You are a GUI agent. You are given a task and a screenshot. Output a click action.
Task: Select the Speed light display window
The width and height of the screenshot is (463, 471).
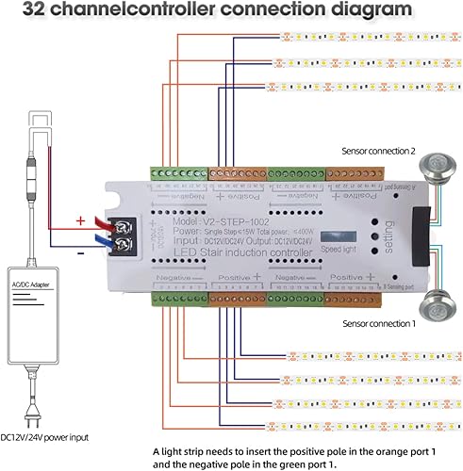(338, 236)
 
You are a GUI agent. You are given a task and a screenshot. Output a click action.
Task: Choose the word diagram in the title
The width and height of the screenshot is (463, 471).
(354, 11)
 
